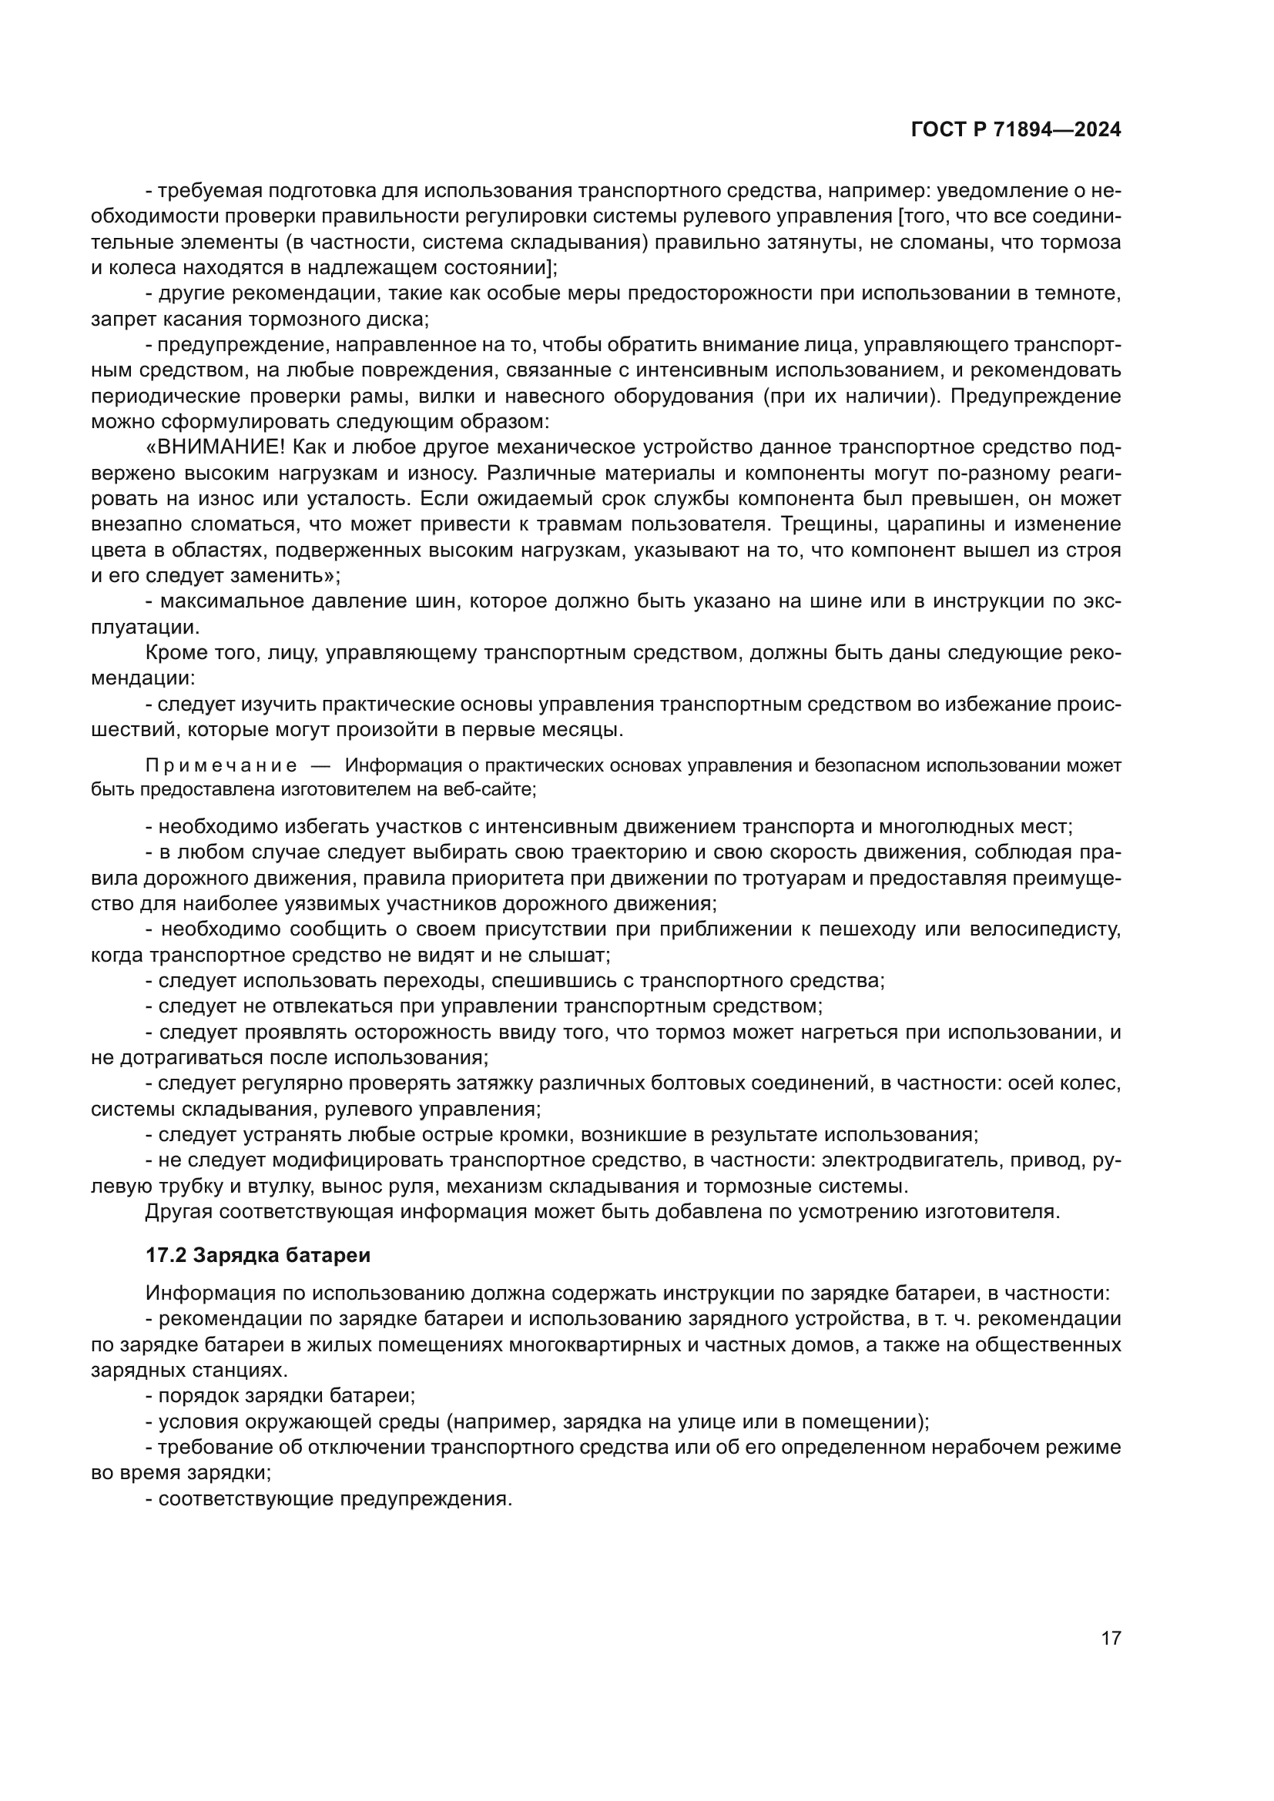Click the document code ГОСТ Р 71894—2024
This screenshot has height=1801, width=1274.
click(x=1016, y=130)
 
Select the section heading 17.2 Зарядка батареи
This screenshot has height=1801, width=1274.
click(x=258, y=1255)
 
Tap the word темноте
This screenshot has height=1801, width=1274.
click(x=1086, y=294)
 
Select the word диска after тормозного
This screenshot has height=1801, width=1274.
click(x=401, y=320)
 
